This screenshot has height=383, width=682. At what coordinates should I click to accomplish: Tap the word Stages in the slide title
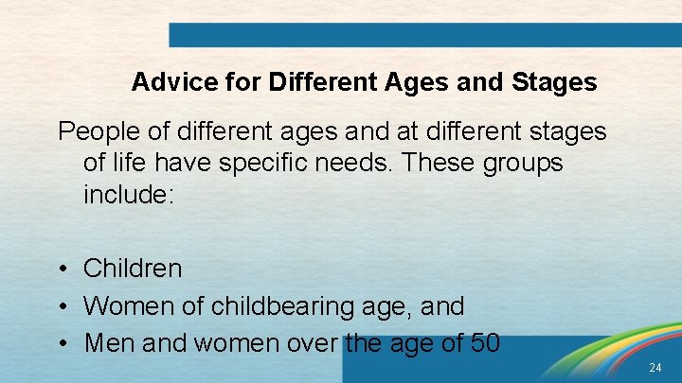click(554, 83)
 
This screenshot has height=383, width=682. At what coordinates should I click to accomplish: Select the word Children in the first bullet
click(133, 269)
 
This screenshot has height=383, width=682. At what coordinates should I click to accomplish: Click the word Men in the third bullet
click(103, 342)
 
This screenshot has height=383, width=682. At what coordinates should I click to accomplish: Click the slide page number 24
click(655, 367)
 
